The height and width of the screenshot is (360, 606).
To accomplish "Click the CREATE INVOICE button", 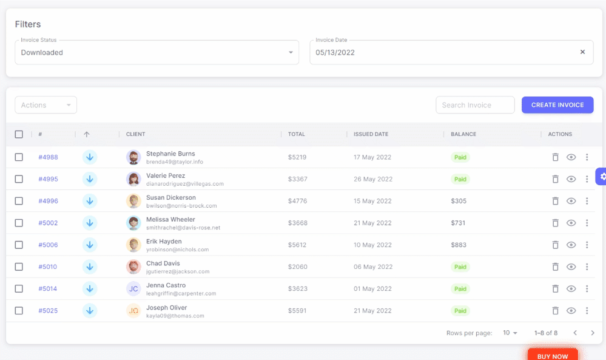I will [557, 105].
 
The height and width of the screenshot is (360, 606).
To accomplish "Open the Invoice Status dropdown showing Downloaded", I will [157, 53].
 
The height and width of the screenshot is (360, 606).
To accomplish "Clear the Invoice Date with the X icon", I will [582, 52].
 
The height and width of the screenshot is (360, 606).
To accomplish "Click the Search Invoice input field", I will [475, 105].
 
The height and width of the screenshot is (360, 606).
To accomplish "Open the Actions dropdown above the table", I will [46, 105].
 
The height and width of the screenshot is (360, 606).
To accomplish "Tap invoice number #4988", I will [48, 157].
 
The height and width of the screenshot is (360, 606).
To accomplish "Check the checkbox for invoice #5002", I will [19, 223].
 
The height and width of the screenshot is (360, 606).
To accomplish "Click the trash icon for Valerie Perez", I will [555, 179].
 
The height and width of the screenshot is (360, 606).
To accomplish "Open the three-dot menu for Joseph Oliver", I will [587, 311].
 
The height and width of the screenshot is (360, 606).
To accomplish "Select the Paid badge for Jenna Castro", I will [460, 289].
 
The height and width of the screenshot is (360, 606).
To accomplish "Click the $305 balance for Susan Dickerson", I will [459, 201].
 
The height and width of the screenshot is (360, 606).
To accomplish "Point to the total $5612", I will [297, 245].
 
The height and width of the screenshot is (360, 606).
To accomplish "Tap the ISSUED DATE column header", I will [371, 134].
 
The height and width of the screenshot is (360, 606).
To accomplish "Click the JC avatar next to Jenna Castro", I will [133, 289].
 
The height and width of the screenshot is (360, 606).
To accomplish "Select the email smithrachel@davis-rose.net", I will [183, 228].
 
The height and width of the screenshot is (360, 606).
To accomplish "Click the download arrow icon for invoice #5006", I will [90, 245].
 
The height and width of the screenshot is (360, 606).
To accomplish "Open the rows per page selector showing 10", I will [510, 333].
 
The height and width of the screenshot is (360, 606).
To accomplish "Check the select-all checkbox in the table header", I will [19, 134].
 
